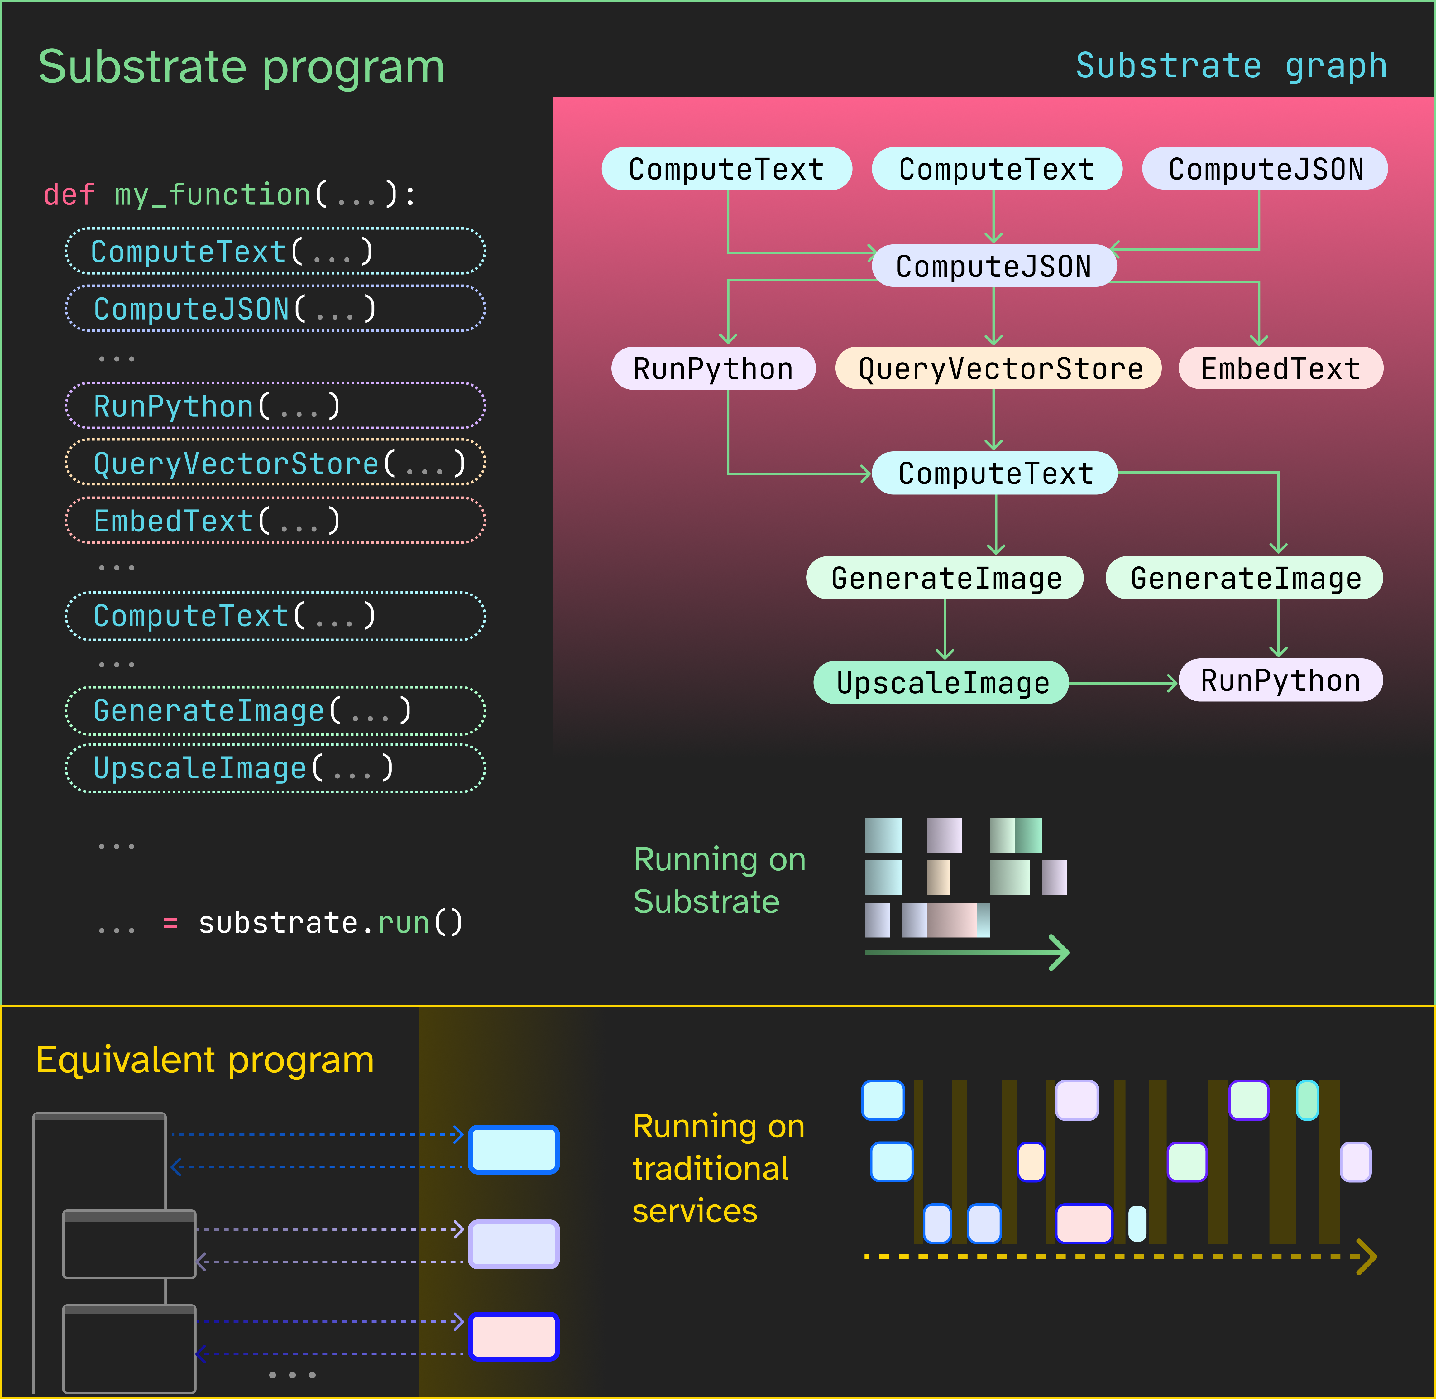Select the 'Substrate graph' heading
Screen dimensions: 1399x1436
(x=1231, y=66)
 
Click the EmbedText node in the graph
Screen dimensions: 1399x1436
(x=1280, y=368)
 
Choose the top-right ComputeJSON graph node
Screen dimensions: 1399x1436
(x=1265, y=169)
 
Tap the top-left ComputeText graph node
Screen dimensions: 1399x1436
(x=726, y=169)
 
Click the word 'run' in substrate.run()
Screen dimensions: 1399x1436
(x=403, y=923)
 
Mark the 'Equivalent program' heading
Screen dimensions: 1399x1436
(x=205, y=1060)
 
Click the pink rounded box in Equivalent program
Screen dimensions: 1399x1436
(x=514, y=1337)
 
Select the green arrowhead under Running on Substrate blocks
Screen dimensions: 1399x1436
(x=1058, y=953)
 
